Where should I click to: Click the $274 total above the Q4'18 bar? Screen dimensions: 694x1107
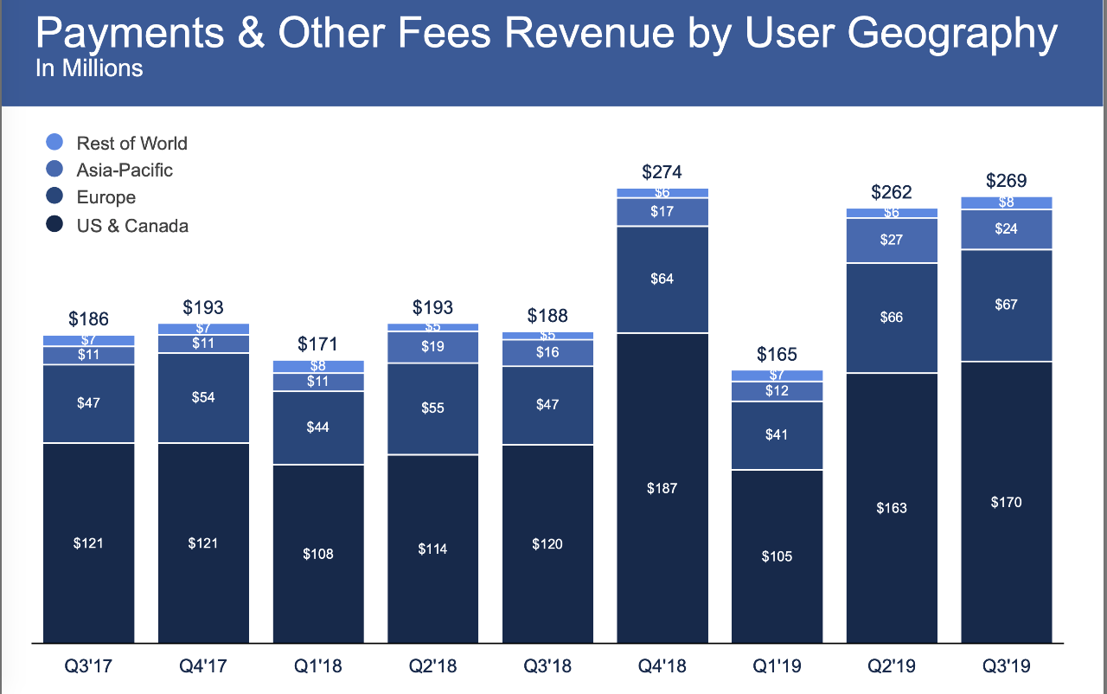pos(662,172)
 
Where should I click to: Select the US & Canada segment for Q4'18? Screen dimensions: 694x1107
pos(662,488)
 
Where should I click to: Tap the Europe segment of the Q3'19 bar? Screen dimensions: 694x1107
pos(1007,305)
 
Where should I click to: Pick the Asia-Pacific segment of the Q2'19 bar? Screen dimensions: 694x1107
pos(892,240)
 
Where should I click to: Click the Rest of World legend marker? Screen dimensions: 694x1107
pos(54,143)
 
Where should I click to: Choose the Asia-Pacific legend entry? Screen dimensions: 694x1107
pos(125,170)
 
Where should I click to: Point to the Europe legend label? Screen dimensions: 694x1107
pos(106,197)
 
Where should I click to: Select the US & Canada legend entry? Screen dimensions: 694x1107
pos(132,226)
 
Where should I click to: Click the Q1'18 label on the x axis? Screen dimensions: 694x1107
pos(317,667)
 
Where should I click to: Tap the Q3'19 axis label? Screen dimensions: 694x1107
pos(1006,667)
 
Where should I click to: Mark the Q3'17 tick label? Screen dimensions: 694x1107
pos(88,667)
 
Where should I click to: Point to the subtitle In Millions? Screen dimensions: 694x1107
pos(89,68)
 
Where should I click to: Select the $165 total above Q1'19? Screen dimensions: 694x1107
pos(777,354)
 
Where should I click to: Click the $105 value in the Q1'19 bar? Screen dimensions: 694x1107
pos(777,556)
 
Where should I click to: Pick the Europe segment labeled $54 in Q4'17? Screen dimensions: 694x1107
pos(202,397)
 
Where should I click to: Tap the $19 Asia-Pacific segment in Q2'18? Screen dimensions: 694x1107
pos(432,347)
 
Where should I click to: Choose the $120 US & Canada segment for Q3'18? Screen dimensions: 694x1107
pos(547,543)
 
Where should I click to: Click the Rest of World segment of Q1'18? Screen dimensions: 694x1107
pos(317,366)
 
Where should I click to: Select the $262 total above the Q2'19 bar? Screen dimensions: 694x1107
pos(892,192)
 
